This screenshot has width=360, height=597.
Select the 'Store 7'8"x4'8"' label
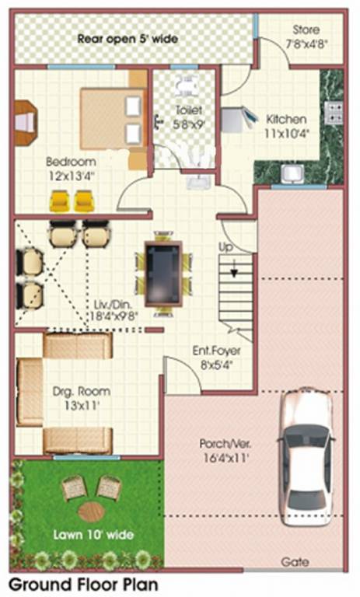[x=306, y=36]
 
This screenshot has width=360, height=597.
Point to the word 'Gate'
[x=295, y=561]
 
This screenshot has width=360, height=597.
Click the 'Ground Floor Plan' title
[x=83, y=583]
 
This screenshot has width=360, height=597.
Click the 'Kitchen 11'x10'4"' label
[x=286, y=127]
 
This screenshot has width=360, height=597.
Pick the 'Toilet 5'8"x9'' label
[x=188, y=117]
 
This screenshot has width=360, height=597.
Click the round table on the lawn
[x=91, y=511]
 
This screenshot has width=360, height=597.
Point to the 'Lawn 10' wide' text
[x=93, y=535]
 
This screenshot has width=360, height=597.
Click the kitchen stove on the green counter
[x=335, y=113]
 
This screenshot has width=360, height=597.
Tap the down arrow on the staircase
[x=231, y=271]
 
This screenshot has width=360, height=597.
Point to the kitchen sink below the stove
[x=293, y=173]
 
